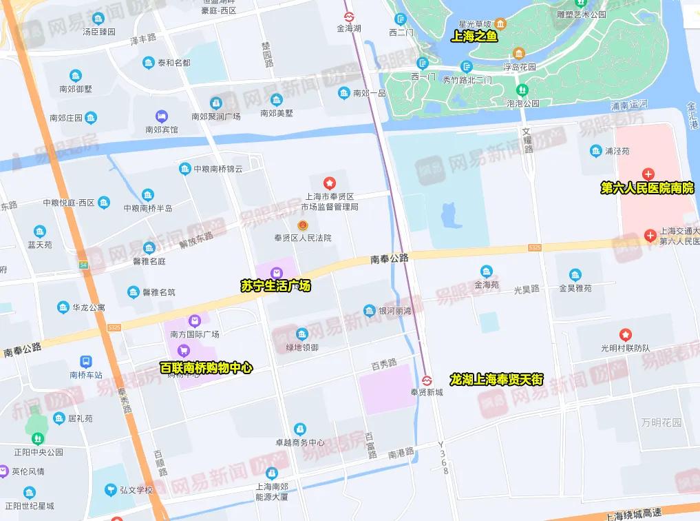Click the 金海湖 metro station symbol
(349, 16)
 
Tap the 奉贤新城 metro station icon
(427, 380)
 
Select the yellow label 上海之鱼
(474, 37)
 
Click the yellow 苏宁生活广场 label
(275, 286)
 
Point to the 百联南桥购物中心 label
(206, 368)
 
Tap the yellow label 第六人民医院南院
(647, 188)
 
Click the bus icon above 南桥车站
(86, 362)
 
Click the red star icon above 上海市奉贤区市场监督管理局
(330, 183)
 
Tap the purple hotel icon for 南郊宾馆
(161, 116)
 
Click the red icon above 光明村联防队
(625, 335)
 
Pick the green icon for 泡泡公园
(522, 90)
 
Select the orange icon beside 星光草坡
(500, 23)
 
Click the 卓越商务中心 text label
(300, 442)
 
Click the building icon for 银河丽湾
(370, 311)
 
